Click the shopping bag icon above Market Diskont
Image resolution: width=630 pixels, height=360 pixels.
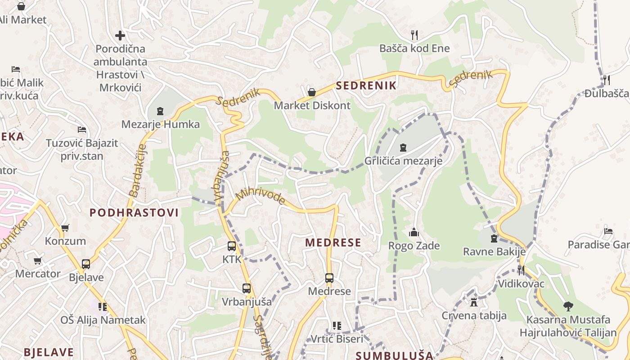(311, 92)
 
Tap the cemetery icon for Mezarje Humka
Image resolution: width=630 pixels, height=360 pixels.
(160, 111)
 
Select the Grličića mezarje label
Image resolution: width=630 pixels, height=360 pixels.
(403, 161)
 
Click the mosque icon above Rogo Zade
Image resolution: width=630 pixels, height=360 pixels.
(414, 232)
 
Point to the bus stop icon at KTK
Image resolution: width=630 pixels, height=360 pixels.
(232, 246)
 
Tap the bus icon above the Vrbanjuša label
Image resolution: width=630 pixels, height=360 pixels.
(246, 288)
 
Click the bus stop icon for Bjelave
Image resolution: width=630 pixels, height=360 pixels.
(86, 264)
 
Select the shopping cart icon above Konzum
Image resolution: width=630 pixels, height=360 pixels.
(65, 228)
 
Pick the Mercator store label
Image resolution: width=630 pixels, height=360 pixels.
(38, 274)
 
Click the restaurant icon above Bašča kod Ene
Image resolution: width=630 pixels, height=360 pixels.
(414, 34)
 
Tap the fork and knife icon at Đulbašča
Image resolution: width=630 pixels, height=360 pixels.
(607, 80)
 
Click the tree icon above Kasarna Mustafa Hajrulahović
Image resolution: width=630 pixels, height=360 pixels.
(568, 306)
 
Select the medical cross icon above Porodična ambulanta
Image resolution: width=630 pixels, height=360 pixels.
(120, 35)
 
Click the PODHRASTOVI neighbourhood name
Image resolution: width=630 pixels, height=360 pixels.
(134, 212)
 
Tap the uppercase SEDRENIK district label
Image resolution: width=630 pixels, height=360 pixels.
(366, 85)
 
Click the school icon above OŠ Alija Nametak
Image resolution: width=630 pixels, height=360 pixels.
(103, 307)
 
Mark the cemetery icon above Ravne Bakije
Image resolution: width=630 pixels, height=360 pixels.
(494, 238)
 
